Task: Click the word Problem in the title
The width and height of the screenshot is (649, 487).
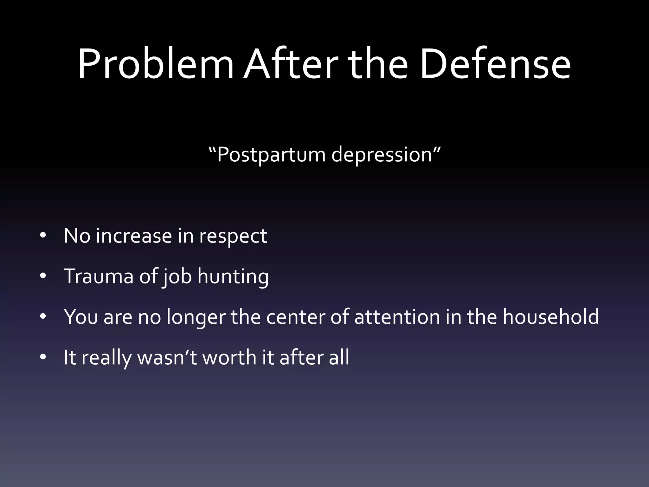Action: pyautogui.click(x=155, y=64)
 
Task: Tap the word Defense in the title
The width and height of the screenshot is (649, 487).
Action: pyautogui.click(x=495, y=64)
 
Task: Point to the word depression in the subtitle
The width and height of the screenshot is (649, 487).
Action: pyautogui.click(x=382, y=155)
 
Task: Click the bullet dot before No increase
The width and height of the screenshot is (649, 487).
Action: pyautogui.click(x=43, y=236)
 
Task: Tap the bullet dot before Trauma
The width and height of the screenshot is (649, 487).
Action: pyautogui.click(x=43, y=276)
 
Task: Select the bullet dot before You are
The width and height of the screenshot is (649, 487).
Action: pyautogui.click(x=43, y=316)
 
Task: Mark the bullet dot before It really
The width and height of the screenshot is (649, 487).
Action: pyautogui.click(x=43, y=357)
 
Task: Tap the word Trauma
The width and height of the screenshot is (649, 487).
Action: pyautogui.click(x=99, y=276)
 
